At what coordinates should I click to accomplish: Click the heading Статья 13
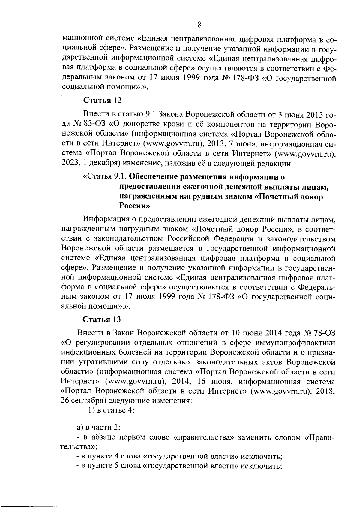tap(102, 319)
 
